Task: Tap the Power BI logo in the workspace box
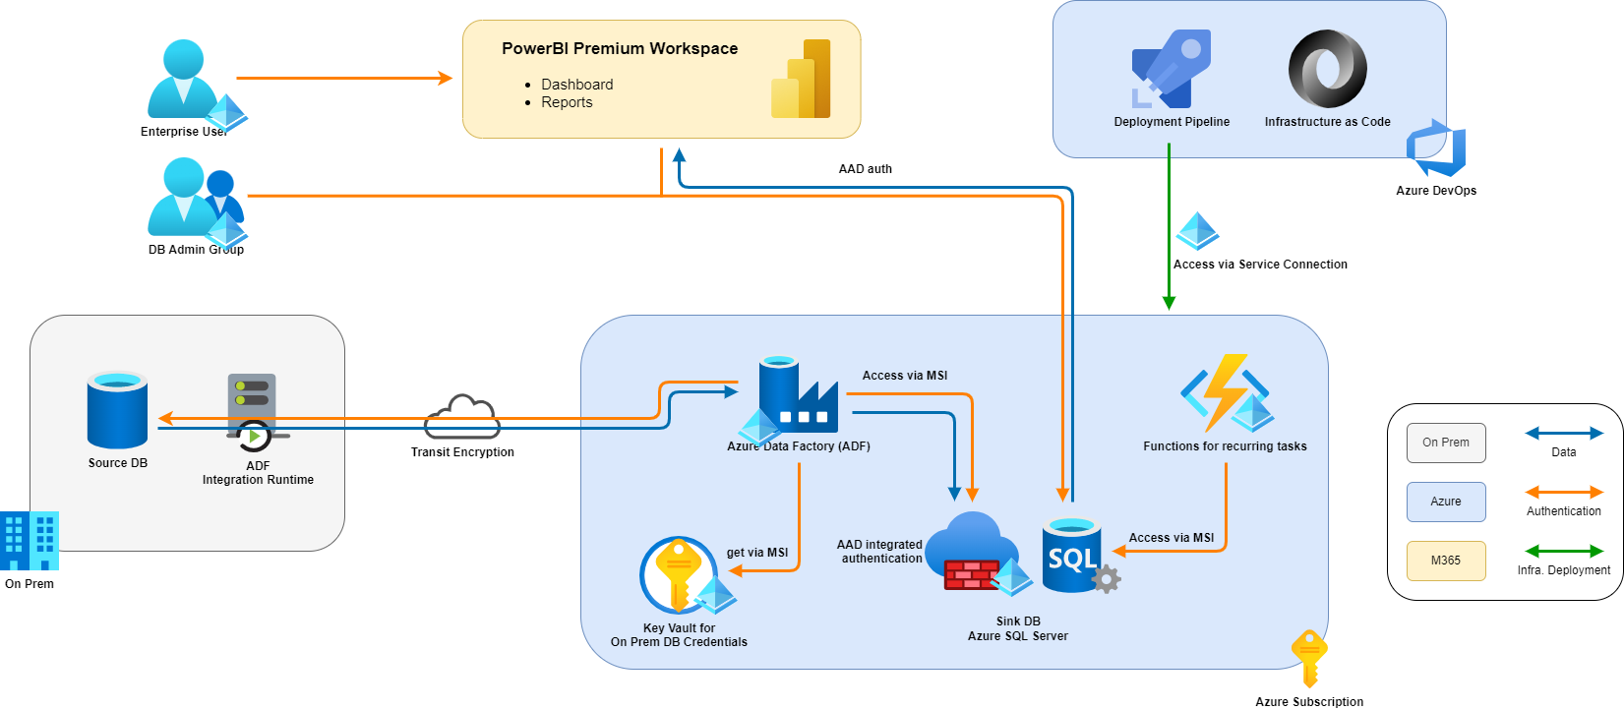(x=802, y=81)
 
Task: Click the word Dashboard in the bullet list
(x=576, y=85)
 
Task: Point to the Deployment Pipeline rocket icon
(x=1172, y=69)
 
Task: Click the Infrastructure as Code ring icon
(x=1327, y=69)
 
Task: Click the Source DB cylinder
(x=117, y=410)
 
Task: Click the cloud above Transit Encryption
(x=462, y=418)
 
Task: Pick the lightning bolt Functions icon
(x=1225, y=393)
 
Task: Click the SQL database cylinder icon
(x=1073, y=557)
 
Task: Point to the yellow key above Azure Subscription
(x=1309, y=657)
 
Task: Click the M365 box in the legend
(x=1445, y=561)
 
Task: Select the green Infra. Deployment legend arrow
(x=1563, y=552)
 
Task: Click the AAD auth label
(x=865, y=169)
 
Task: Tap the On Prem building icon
(x=30, y=541)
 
